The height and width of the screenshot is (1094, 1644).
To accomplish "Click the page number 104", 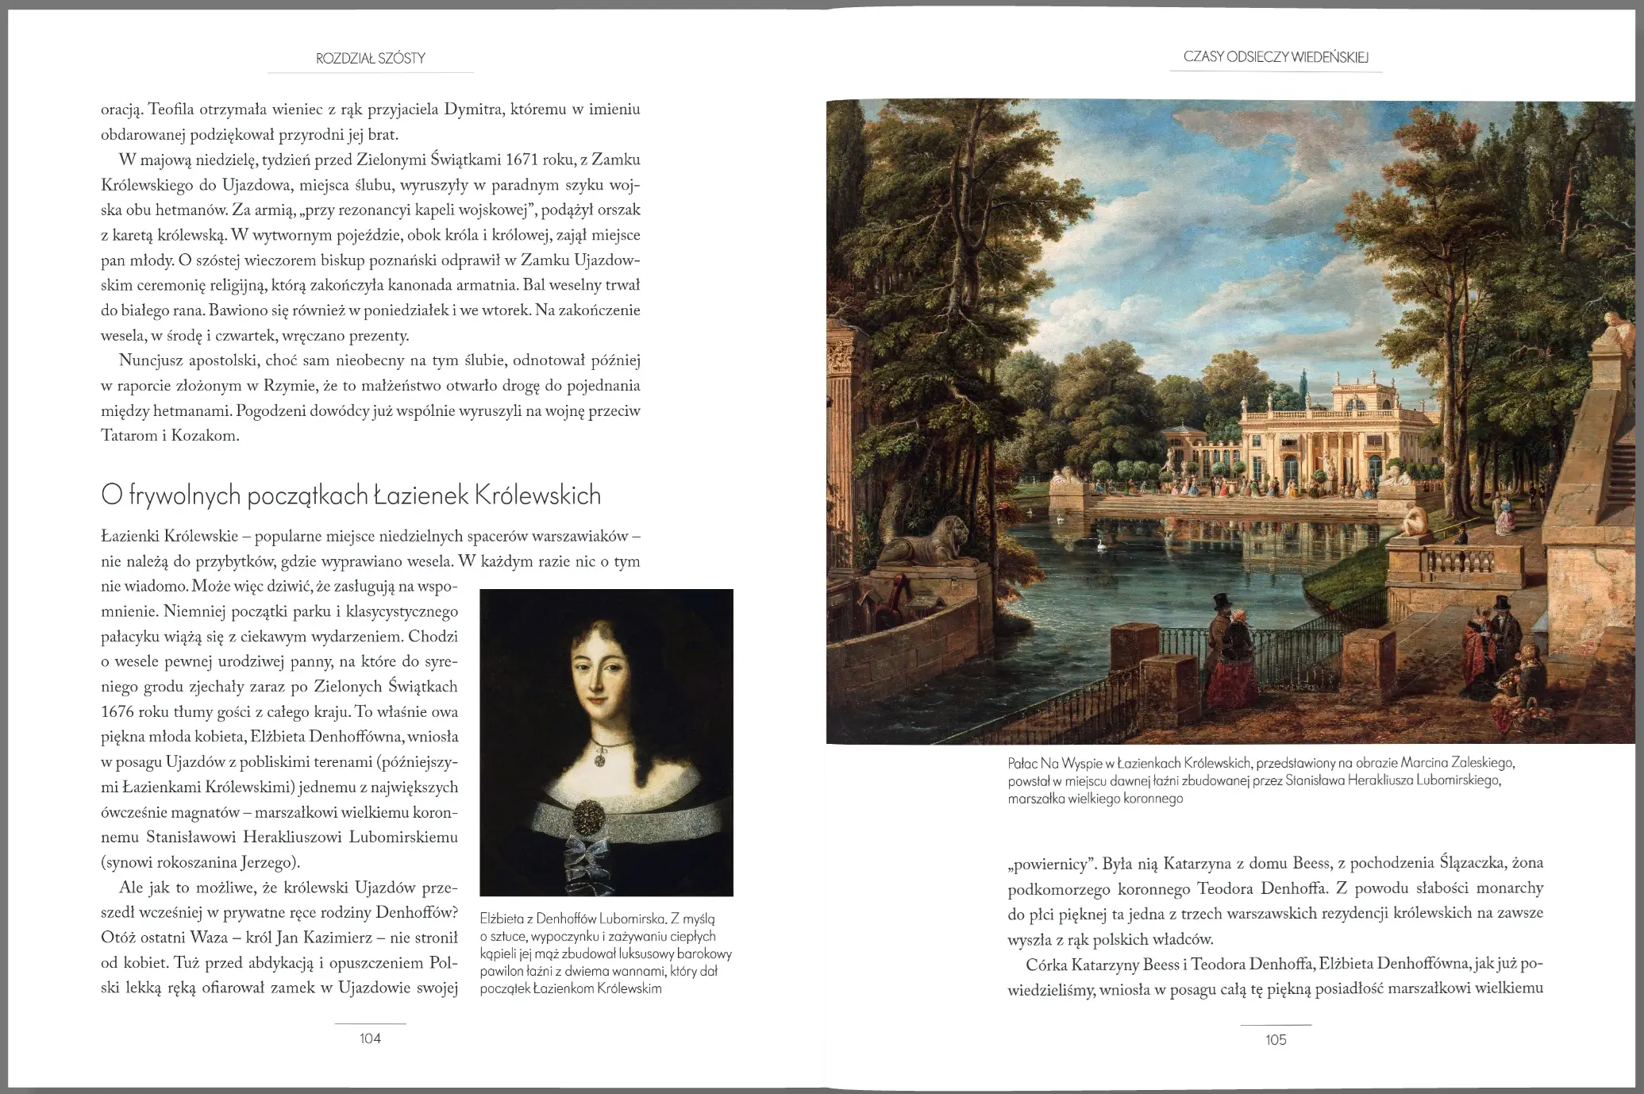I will [x=370, y=1038].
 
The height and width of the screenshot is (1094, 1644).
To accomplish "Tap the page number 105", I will [x=1276, y=1040].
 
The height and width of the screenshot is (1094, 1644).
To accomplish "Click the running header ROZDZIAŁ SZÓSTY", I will [x=371, y=58].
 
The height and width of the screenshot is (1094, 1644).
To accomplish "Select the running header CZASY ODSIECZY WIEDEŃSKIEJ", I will [x=1276, y=57].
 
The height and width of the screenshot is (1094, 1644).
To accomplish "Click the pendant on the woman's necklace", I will [x=601, y=759].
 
